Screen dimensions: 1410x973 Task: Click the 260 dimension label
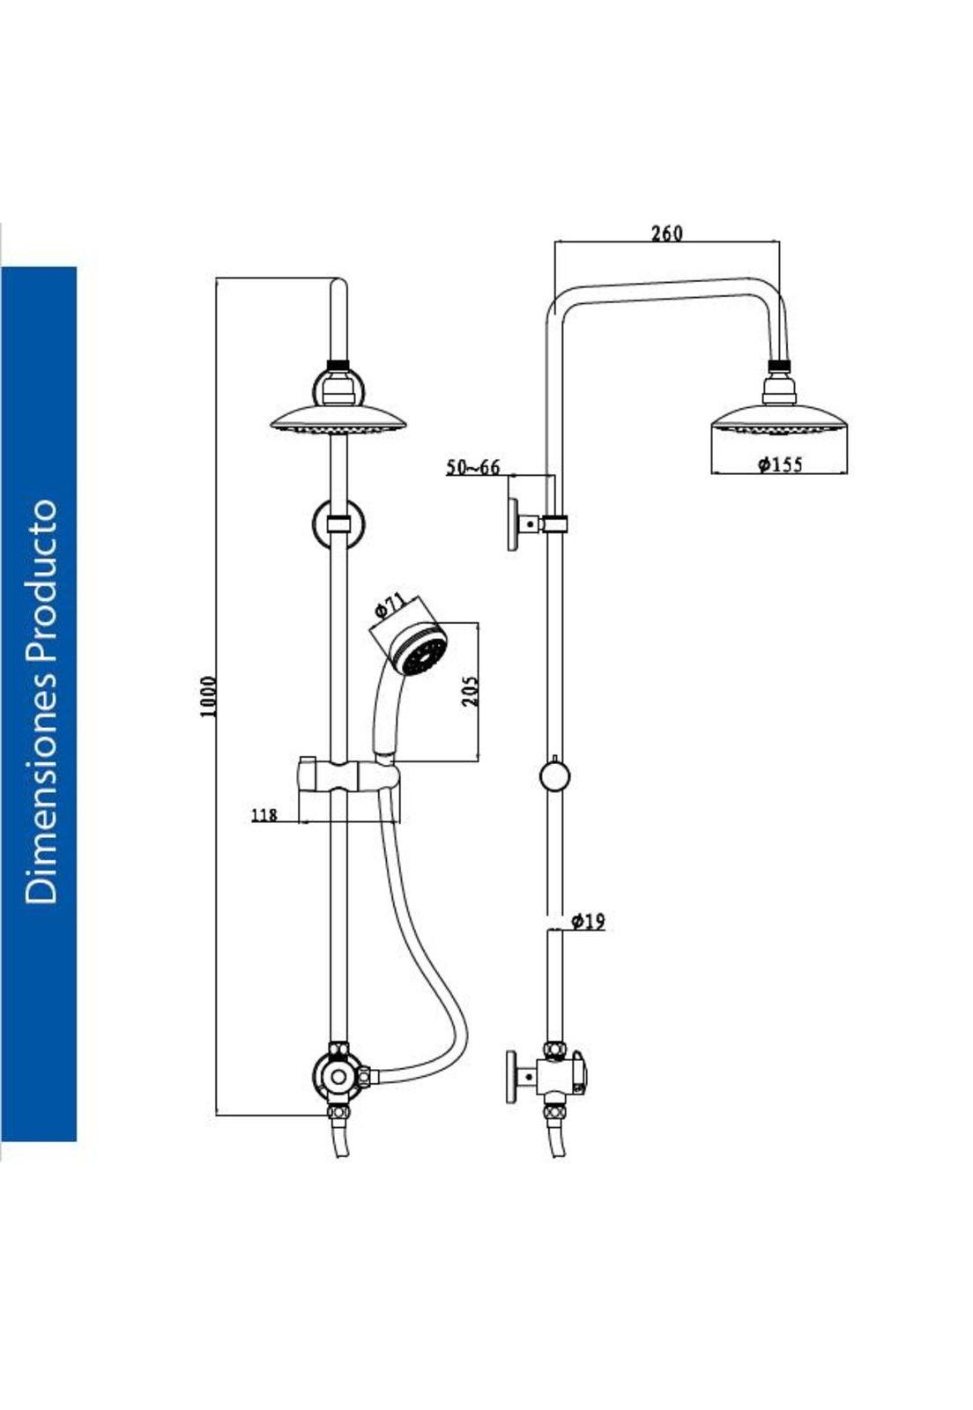(666, 233)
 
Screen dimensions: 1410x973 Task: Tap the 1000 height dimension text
(209, 696)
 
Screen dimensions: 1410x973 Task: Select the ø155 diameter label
(780, 464)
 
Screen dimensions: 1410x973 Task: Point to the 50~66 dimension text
(472, 467)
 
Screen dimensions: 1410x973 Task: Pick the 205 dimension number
(470, 691)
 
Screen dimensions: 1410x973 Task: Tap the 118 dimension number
(264, 815)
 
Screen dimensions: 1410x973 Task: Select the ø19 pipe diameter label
(588, 922)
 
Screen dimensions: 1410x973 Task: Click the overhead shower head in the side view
(779, 418)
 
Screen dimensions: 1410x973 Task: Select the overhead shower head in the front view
(339, 420)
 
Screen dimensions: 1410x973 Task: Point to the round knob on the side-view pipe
(554, 776)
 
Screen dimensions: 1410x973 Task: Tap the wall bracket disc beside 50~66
(512, 524)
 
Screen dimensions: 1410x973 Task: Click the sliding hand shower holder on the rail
(348, 777)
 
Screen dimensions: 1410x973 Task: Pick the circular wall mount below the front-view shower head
(338, 524)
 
